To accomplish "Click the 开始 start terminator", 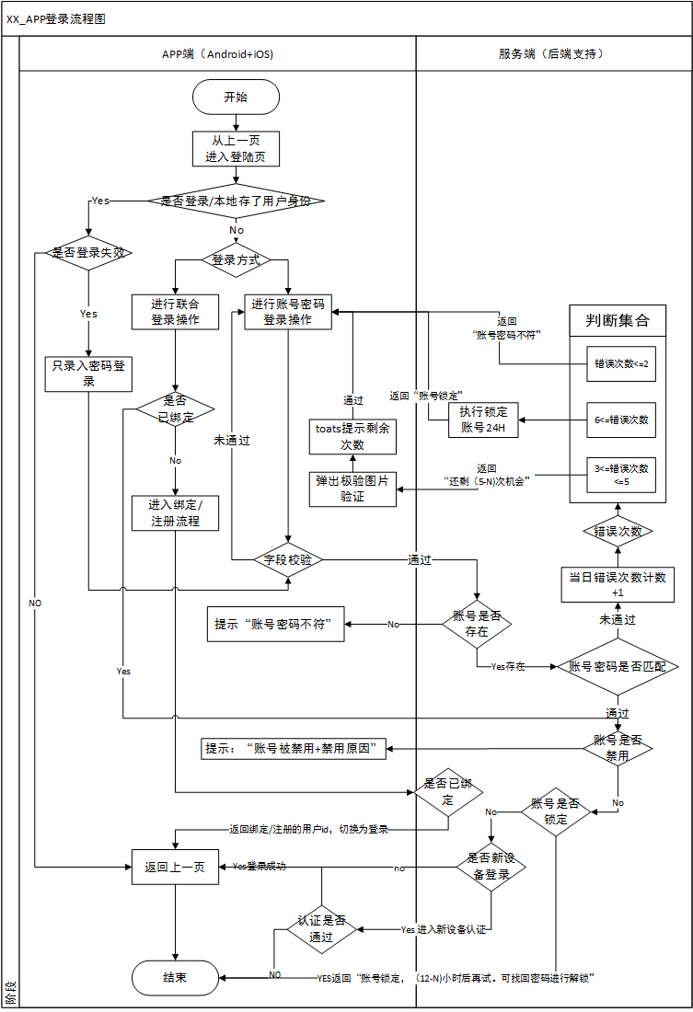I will [236, 97].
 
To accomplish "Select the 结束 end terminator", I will [175, 978].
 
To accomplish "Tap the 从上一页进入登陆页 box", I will [236, 149].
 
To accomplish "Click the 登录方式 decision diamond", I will [236, 260].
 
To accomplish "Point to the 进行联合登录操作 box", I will [175, 312].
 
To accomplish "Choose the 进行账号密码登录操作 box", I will [288, 312].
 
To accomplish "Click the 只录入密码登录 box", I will [89, 373].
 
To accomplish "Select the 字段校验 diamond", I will [288, 558].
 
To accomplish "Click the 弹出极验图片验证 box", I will [353, 488].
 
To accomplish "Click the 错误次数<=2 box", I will [621, 363].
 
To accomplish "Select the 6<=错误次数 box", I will [621, 420].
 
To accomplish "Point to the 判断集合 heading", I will [618, 321].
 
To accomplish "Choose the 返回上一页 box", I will [175, 867].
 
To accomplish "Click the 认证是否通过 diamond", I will [321, 928].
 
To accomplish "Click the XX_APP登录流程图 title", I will [55, 18].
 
